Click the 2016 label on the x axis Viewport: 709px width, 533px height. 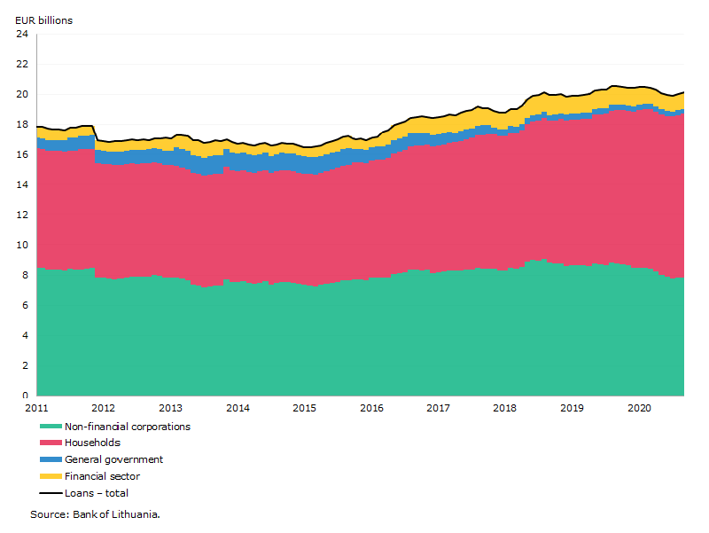[x=371, y=408]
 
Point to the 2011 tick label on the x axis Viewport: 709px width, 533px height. [x=36, y=408]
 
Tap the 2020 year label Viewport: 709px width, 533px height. [x=639, y=408]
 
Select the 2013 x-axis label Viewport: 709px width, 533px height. [x=170, y=408]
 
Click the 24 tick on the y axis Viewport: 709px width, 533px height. [x=22, y=34]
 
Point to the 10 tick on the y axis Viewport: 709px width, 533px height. [x=22, y=245]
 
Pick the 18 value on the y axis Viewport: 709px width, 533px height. [x=22, y=124]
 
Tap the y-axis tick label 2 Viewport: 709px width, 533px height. [x=26, y=365]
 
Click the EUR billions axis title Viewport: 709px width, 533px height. [x=43, y=20]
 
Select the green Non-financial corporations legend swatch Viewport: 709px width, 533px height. [x=51, y=427]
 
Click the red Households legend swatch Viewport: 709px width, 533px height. [x=51, y=443]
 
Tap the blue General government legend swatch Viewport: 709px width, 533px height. [x=51, y=459]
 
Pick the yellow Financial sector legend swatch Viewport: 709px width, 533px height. [x=51, y=476]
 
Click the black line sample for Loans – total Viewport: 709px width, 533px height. [x=51, y=493]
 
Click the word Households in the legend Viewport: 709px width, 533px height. [x=93, y=443]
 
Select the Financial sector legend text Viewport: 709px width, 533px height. [x=102, y=476]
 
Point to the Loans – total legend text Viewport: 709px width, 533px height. [x=97, y=493]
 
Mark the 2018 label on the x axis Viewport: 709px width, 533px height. [x=504, y=408]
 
